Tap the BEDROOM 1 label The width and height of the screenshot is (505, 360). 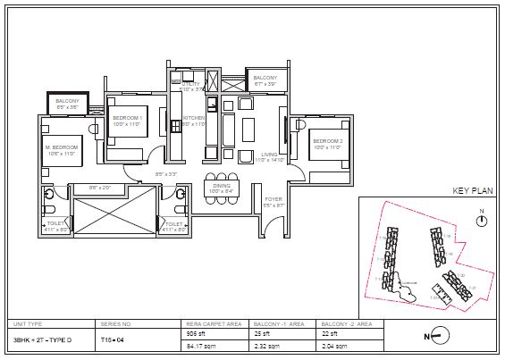[x=129, y=118]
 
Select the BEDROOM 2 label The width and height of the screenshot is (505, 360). [x=327, y=140]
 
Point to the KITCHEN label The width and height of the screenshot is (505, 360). [x=195, y=119]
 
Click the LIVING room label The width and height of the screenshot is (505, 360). [x=269, y=155]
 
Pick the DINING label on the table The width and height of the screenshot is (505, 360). [x=221, y=185]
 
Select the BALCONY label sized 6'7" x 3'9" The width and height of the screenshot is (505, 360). [x=265, y=79]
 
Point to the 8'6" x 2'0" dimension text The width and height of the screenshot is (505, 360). [x=99, y=188]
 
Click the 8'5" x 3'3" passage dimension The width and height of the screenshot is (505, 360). [x=166, y=173]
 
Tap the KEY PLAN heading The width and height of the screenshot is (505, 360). [x=472, y=190]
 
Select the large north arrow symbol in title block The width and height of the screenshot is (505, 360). [x=436, y=337]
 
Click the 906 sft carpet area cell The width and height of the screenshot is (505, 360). [x=196, y=332]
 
